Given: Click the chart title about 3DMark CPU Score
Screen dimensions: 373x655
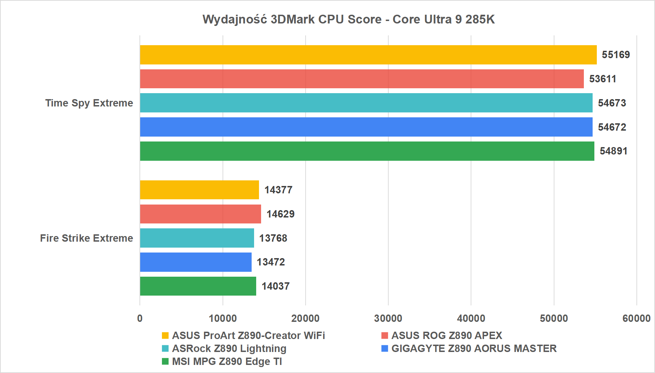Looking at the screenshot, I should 348,19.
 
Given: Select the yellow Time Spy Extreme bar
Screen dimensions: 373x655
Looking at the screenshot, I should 368,55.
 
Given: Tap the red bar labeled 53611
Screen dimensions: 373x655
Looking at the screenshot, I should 362,79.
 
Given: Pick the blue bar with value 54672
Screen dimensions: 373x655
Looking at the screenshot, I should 366,127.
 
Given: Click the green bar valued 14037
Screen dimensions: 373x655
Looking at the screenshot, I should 198,286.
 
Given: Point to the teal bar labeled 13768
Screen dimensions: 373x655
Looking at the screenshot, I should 197,238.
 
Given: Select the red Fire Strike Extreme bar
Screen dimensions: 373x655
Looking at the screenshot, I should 200,214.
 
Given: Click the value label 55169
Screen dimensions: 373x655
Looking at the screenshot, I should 616,55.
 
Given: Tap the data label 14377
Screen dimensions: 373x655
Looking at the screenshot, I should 278,190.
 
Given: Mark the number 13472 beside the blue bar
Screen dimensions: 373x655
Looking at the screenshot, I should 271,262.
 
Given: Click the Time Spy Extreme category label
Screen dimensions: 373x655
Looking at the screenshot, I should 89,103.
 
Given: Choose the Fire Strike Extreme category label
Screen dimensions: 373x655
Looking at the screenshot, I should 87,238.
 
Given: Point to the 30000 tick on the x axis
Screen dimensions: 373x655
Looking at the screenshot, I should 388,318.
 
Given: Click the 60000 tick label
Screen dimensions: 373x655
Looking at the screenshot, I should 636,318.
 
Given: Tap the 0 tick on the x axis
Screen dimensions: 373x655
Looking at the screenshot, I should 140,318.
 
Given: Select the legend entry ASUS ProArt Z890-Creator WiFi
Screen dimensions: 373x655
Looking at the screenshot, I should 248,336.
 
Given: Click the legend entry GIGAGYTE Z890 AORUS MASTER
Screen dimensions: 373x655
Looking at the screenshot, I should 474,348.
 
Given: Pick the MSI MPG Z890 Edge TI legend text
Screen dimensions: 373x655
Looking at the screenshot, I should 227,361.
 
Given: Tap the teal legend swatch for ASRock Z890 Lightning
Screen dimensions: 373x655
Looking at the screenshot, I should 165,348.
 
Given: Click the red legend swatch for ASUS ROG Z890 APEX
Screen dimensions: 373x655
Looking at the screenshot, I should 384,336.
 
